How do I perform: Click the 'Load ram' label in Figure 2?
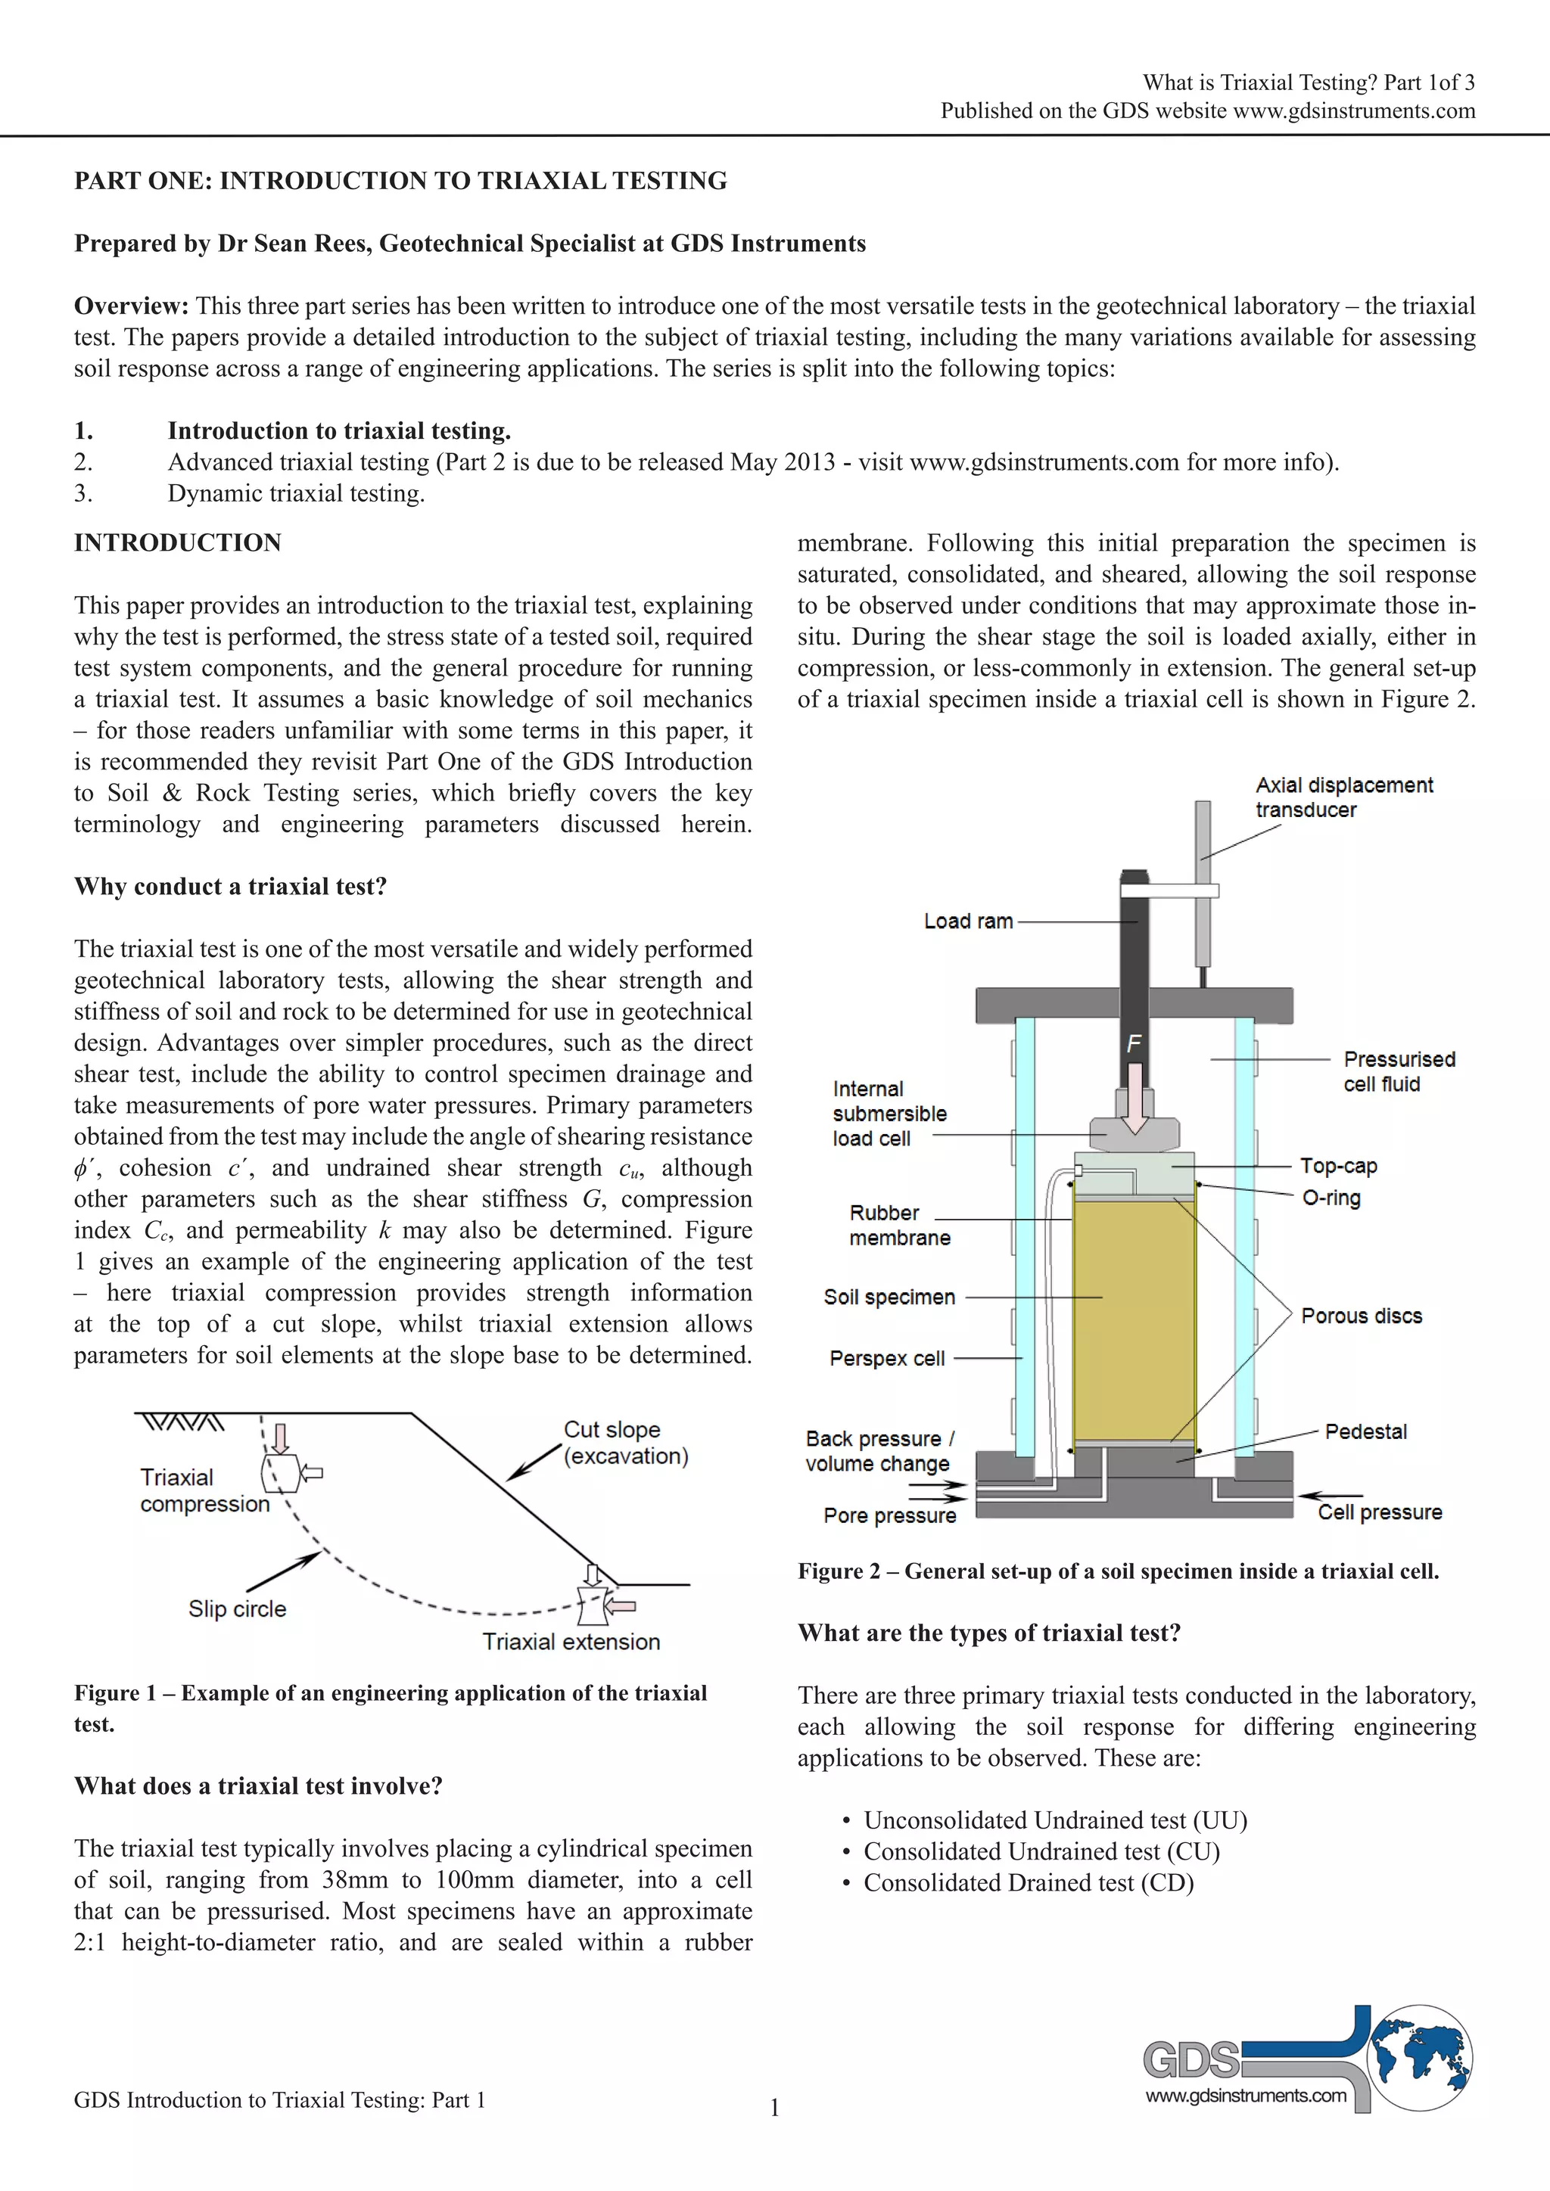tap(968, 921)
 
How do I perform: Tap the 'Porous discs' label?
tap(1361, 1316)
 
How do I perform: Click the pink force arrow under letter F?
tap(1134, 1098)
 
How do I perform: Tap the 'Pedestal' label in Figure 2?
tap(1366, 1431)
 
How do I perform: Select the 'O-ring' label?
tap(1331, 1198)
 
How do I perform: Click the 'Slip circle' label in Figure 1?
tap(237, 1609)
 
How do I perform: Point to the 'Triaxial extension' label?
tap(571, 1641)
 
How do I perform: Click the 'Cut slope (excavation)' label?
tap(625, 1443)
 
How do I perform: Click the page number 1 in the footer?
tap(775, 2107)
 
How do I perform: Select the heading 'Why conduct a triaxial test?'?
tap(230, 887)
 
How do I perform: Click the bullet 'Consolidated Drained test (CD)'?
tap(1028, 1883)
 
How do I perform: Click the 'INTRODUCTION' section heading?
tap(178, 543)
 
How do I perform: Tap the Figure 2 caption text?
tap(1118, 1571)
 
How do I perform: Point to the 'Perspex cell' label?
tap(887, 1358)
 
